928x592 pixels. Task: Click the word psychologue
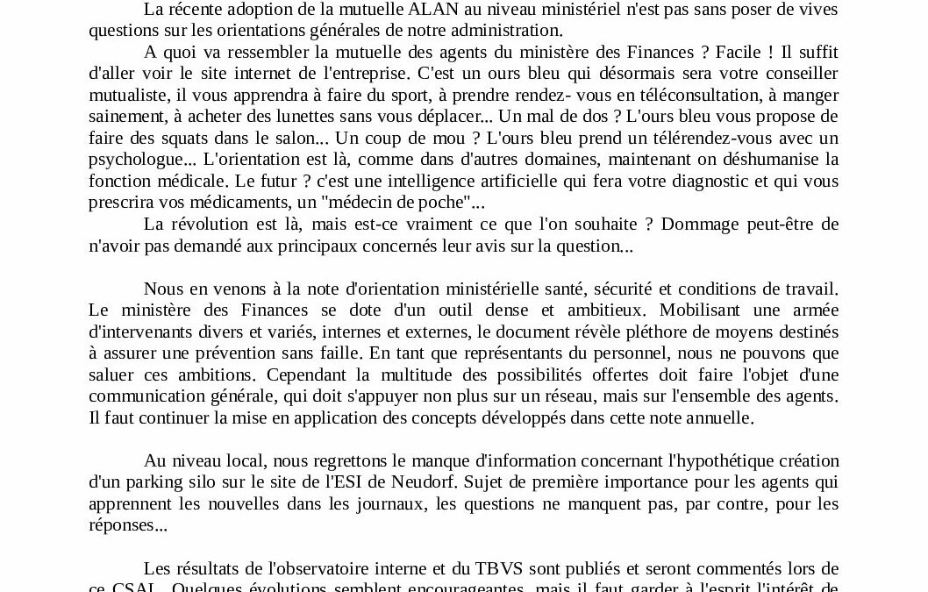click(142, 160)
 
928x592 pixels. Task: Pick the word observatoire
click(303, 567)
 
